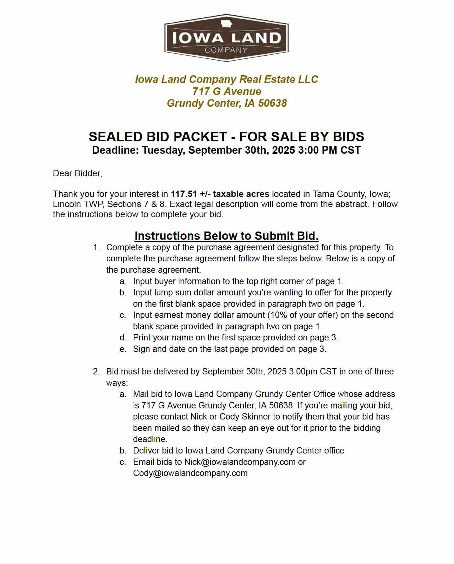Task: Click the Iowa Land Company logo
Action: [x=226, y=38]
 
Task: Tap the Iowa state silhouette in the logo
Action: [x=226, y=23]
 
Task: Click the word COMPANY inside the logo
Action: [x=226, y=50]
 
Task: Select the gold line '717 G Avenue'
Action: [x=226, y=91]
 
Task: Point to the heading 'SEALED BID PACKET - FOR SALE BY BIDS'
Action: [x=226, y=137]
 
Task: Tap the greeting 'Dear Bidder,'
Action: [x=77, y=173]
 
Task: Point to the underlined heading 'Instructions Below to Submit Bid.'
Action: [x=226, y=236]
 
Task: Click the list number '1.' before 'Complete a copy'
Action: [x=97, y=247]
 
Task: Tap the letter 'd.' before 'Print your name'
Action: [x=123, y=338]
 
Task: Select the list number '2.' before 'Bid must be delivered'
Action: [x=97, y=372]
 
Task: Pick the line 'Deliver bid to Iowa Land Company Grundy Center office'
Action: [x=238, y=451]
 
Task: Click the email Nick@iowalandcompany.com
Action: [x=240, y=462]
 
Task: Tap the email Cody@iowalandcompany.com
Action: [x=190, y=473]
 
